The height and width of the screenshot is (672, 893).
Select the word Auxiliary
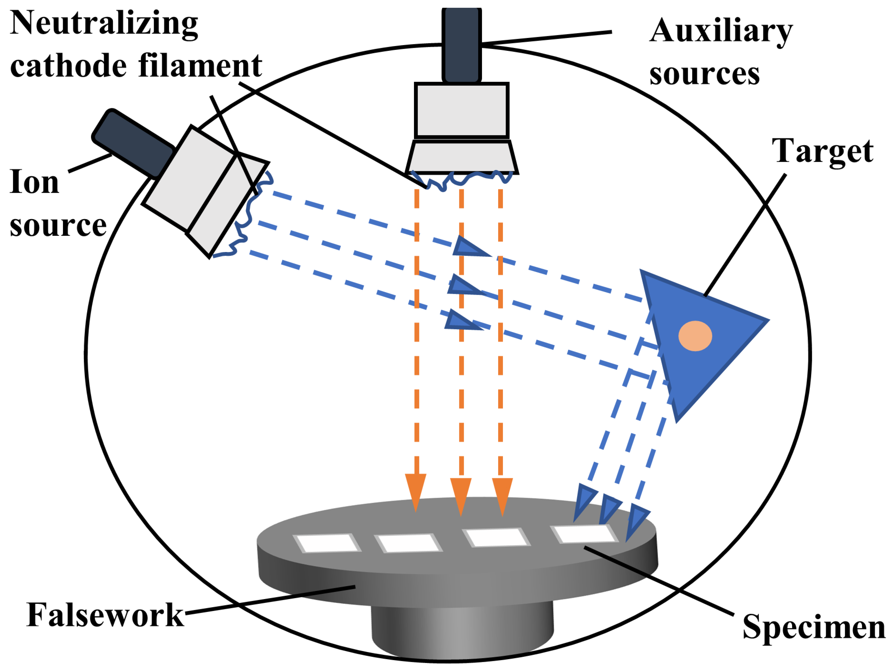[721, 31]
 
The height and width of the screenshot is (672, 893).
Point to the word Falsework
[105, 615]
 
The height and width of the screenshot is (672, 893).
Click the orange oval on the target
[695, 336]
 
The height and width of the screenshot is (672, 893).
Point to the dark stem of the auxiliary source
[462, 45]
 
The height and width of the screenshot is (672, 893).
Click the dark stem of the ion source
[133, 143]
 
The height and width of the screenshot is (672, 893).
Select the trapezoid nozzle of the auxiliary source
[462, 157]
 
